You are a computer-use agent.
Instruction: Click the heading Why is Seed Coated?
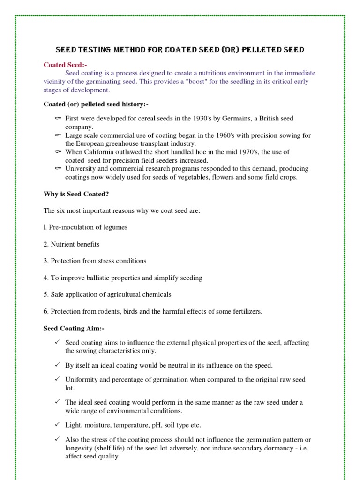click(x=76, y=194)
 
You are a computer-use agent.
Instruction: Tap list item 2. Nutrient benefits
click(x=71, y=244)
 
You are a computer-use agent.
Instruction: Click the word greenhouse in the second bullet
click(x=120, y=143)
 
